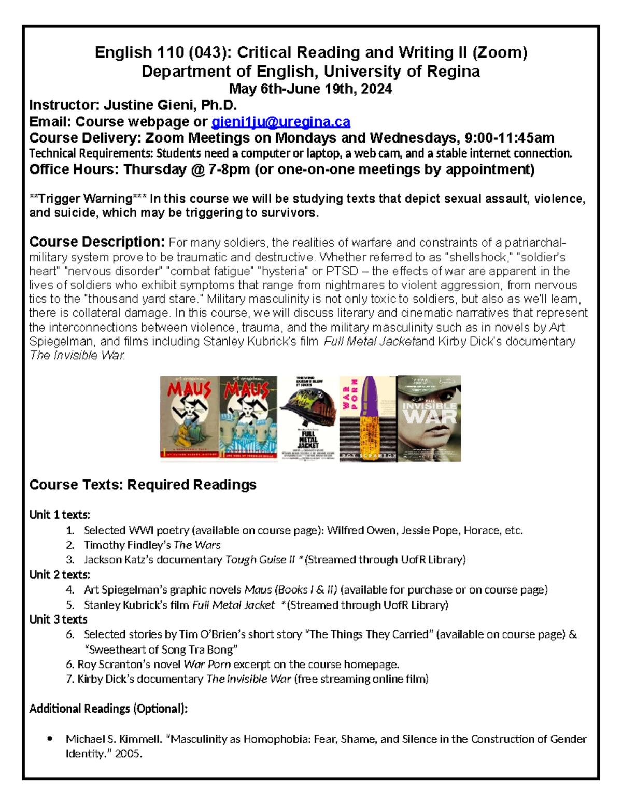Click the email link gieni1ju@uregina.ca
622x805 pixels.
280,122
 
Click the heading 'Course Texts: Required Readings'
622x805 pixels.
143,485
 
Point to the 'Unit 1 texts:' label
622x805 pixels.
60,515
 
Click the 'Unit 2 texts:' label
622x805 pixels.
60,575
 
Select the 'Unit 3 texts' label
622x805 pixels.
58,619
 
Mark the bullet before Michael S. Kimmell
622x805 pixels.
50,739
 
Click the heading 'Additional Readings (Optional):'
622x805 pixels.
108,709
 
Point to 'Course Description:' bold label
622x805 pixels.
97,242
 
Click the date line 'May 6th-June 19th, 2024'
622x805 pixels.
310,89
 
